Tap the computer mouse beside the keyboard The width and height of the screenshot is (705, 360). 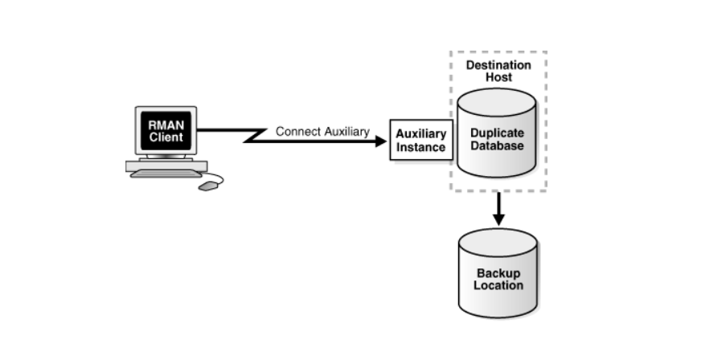click(208, 186)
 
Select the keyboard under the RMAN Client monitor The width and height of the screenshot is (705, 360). click(165, 173)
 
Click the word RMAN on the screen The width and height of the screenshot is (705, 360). click(165, 125)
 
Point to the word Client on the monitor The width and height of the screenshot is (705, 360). click(165, 137)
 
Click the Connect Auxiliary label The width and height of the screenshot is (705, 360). click(322, 131)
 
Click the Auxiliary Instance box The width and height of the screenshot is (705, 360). click(420, 141)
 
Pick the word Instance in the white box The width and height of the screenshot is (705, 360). click(420, 148)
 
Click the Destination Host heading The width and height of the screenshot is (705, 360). click(498, 71)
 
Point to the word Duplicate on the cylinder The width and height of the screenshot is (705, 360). click(497, 133)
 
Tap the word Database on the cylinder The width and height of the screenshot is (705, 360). click(497, 146)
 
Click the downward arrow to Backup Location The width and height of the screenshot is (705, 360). click(498, 210)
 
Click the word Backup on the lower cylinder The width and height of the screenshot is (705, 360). click(498, 273)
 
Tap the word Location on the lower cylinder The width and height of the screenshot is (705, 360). click(498, 285)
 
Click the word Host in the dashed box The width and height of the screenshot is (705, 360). click(498, 78)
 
